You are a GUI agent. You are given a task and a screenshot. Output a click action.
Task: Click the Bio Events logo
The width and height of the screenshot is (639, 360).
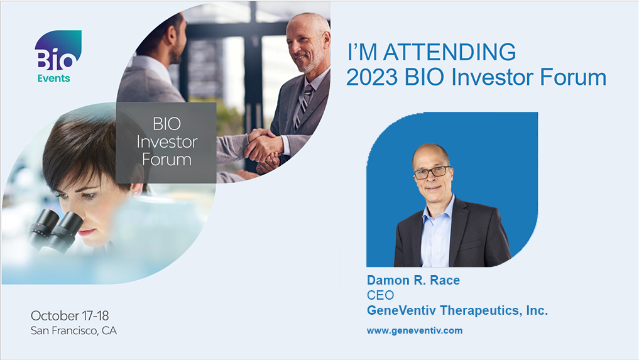click(57, 57)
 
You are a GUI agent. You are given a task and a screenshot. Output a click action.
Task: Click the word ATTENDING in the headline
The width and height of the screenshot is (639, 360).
click(449, 52)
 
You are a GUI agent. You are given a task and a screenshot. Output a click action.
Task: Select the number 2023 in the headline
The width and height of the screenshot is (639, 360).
click(372, 77)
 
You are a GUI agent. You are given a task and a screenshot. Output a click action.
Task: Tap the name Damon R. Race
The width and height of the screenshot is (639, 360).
click(413, 280)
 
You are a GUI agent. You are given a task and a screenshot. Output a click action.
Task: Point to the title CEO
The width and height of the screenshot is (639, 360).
click(380, 295)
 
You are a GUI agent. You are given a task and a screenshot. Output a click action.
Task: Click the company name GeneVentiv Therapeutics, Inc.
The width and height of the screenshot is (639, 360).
click(457, 310)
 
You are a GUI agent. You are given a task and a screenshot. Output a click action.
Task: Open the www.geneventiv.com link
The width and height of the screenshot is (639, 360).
click(415, 330)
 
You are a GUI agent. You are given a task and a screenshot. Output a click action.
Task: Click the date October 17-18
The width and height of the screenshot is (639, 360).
click(70, 315)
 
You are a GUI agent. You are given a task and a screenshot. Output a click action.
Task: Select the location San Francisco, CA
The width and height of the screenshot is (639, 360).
click(74, 330)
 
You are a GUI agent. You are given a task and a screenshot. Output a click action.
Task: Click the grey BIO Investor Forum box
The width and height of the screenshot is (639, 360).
click(167, 143)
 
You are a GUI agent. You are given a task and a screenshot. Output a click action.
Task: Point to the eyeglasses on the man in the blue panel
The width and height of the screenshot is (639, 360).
click(432, 172)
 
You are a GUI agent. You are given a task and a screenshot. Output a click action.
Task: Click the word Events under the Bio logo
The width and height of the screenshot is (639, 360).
click(54, 79)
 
